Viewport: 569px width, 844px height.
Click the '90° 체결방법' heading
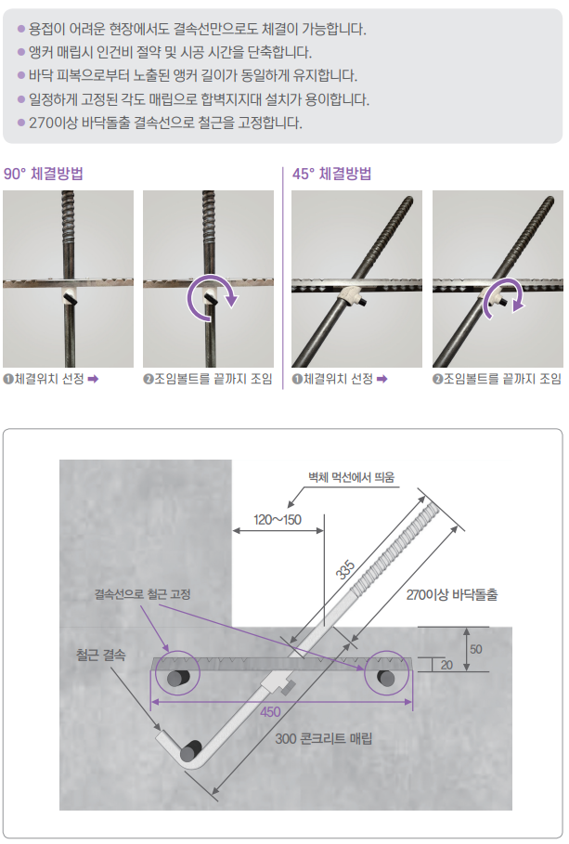(x=43, y=174)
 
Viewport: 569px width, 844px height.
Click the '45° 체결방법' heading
(x=331, y=174)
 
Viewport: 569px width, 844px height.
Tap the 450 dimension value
(x=270, y=711)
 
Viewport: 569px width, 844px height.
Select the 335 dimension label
(x=345, y=569)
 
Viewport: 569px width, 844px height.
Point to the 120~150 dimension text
(x=278, y=519)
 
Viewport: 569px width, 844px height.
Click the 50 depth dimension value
(x=476, y=649)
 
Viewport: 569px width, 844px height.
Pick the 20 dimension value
(x=446, y=665)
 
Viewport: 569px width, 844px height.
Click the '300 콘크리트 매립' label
(x=324, y=738)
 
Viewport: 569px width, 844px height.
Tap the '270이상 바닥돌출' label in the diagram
(x=452, y=595)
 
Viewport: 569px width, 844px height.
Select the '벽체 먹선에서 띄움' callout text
(x=351, y=477)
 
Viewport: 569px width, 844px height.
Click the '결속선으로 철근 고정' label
(x=143, y=594)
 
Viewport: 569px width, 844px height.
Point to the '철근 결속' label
(x=100, y=656)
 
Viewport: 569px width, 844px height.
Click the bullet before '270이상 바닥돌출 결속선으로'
(x=21, y=123)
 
